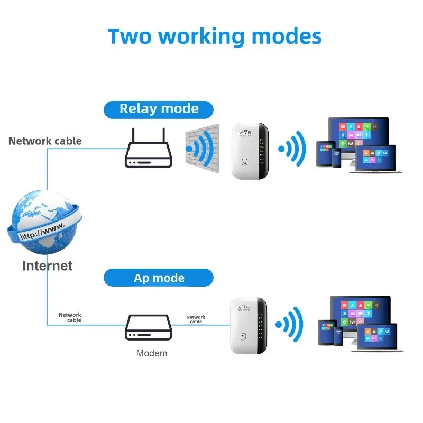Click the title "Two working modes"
215,36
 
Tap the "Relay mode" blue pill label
159,109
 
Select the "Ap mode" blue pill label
159,278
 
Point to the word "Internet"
47,265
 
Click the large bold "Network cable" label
45,141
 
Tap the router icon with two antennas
149,151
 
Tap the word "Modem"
152,353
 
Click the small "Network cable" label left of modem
70,317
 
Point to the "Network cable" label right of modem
196,319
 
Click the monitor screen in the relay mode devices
358,132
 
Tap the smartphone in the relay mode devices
336,157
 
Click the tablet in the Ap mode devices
326,331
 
